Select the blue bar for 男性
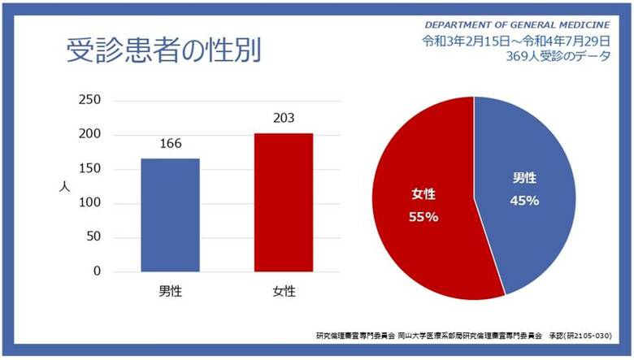170,215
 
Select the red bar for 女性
283,202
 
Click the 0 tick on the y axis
96,271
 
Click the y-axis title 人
64,185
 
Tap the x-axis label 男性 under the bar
170,291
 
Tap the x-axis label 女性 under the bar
283,291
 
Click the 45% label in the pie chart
524,201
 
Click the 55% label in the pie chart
423,217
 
